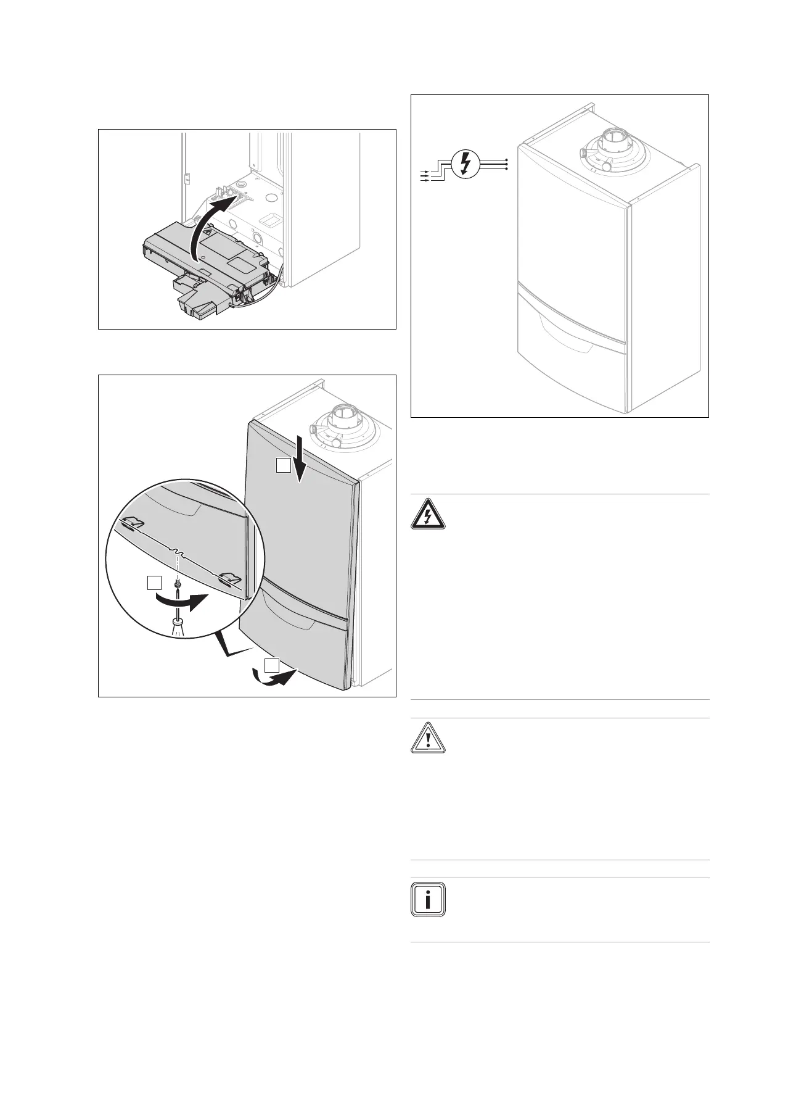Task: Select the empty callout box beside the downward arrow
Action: pos(283,466)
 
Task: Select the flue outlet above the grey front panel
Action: pos(340,426)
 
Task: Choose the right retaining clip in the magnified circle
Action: pos(229,578)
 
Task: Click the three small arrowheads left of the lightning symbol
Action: pos(424,175)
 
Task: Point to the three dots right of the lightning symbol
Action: pos(507,164)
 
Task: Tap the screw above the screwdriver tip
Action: pos(178,582)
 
